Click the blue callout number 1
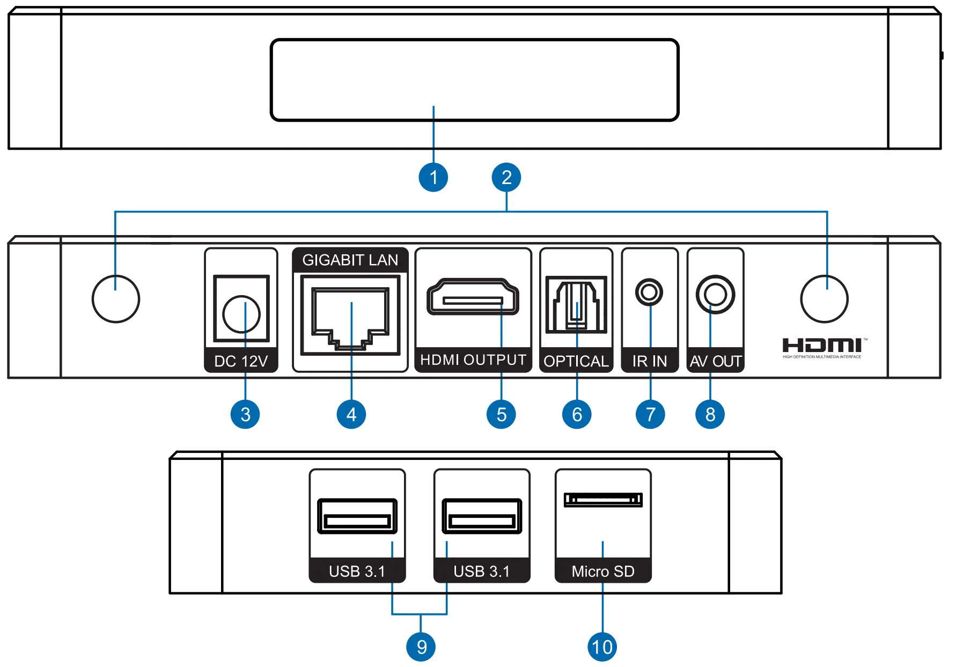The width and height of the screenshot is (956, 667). pyautogui.click(x=433, y=177)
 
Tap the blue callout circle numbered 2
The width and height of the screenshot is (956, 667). pyautogui.click(x=506, y=177)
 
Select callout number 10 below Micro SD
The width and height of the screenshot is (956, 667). pyautogui.click(x=602, y=647)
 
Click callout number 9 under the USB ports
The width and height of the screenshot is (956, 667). pyautogui.click(x=421, y=647)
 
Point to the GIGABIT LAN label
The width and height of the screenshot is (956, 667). pyautogui.click(x=350, y=260)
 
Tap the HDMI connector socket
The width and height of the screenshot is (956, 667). pyautogui.click(x=473, y=297)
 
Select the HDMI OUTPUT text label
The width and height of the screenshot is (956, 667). pyautogui.click(x=473, y=360)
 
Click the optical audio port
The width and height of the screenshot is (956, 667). pyautogui.click(x=576, y=304)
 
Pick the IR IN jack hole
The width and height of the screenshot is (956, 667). pyautogui.click(x=649, y=292)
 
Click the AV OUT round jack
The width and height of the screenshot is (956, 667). pyautogui.click(x=715, y=294)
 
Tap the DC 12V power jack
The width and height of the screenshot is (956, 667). pyautogui.click(x=241, y=314)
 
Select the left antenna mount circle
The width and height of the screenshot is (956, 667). pyautogui.click(x=116, y=299)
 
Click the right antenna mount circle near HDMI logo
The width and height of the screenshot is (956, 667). pyautogui.click(x=824, y=299)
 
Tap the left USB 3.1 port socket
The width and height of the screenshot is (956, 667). pyautogui.click(x=357, y=516)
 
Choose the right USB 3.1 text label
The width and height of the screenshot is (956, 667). pyautogui.click(x=481, y=571)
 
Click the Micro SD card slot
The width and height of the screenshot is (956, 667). pyautogui.click(x=603, y=500)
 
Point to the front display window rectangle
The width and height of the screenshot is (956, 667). pyautogui.click(x=474, y=80)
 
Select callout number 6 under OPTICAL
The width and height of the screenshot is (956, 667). pyautogui.click(x=577, y=414)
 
